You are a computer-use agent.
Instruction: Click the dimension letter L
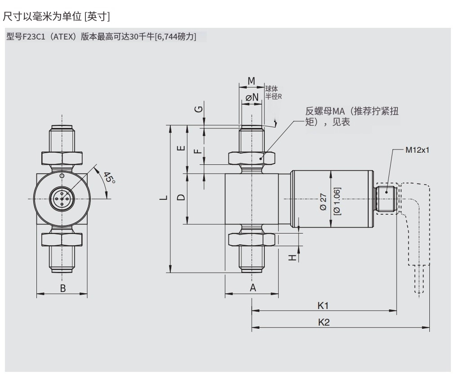pos(164,197)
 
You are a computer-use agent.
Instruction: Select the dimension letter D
pos(180,197)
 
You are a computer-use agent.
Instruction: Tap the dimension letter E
pos(180,148)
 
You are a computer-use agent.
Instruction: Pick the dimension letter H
pos(293,257)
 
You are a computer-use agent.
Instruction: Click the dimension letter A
pos(253,288)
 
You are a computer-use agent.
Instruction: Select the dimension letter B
pos(63,288)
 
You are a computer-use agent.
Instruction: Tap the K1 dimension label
pos(323,306)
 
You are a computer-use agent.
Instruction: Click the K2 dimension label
pos(324,322)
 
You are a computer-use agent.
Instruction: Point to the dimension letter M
pos(251,81)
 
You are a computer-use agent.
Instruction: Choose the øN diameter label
pos(252,97)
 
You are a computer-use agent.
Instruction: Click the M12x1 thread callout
pos(417,150)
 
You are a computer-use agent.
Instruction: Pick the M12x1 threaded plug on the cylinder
pos(385,197)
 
